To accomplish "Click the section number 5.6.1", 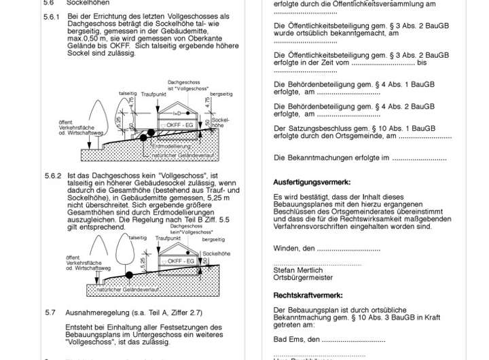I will (x=52, y=16).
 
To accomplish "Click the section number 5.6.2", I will (x=52, y=175).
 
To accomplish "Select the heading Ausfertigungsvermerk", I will (x=312, y=182).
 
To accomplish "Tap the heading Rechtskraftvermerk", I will (x=308, y=295).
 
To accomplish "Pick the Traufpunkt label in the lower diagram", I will (x=168, y=238).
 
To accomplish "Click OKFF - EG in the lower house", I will (x=181, y=261).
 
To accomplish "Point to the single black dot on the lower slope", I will (x=130, y=276).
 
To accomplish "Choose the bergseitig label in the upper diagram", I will (x=222, y=94).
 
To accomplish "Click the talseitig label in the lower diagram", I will (x=137, y=238).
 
